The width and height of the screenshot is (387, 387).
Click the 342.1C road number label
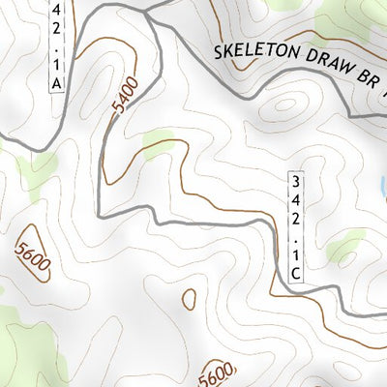point(297,226)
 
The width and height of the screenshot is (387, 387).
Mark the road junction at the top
point(150,15)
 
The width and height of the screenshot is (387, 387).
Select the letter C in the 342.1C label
point(297,274)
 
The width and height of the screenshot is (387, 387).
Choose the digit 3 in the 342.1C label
point(297,180)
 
